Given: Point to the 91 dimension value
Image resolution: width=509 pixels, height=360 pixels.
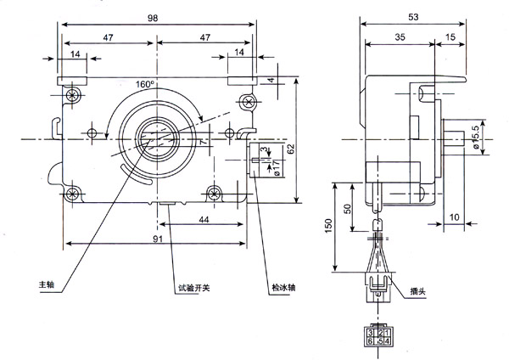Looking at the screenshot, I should (x=158, y=239).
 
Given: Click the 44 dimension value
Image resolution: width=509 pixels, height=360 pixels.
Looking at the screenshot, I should (x=204, y=219).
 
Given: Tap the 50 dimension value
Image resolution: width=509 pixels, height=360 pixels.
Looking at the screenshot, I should (x=347, y=209).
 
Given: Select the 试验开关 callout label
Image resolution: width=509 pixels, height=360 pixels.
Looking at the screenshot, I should (x=193, y=286).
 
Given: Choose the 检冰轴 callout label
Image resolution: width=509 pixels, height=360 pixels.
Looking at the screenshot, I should (x=283, y=286).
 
